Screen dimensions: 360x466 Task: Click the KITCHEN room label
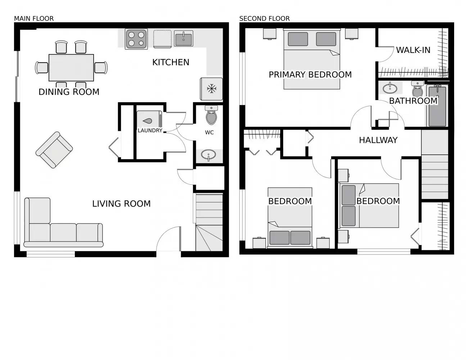click(x=171, y=62)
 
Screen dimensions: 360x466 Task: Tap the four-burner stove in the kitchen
click(x=136, y=39)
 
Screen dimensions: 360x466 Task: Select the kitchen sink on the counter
click(x=184, y=39)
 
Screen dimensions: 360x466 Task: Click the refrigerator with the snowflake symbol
click(x=212, y=89)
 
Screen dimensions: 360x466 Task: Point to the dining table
click(x=71, y=68)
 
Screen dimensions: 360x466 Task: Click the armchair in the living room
click(x=54, y=150)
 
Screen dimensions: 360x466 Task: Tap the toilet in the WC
click(x=211, y=116)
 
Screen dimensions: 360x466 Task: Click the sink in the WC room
click(x=208, y=155)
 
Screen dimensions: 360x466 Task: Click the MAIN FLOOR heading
click(x=34, y=18)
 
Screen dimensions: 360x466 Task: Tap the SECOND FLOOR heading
click(x=264, y=18)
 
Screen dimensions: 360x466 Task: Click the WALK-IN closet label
click(x=413, y=50)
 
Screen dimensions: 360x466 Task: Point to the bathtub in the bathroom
click(x=437, y=106)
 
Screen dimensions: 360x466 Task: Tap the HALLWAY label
click(x=378, y=140)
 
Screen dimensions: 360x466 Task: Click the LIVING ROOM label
click(x=121, y=204)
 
